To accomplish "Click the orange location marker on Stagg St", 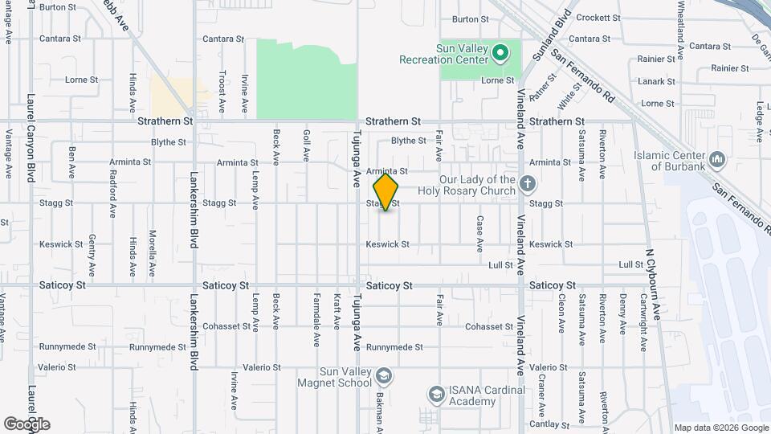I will (386, 191).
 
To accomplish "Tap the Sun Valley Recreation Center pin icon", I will (500, 54).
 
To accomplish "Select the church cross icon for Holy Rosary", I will (527, 185).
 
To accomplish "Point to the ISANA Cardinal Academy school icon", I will (436, 395).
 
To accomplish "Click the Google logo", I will (27, 424).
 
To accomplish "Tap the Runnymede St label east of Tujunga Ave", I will (394, 347).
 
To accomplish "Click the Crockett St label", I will (598, 17).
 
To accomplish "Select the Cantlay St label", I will (566, 424).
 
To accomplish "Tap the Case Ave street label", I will (479, 232).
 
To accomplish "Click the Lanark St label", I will (657, 81).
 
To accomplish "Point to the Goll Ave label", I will (306, 145).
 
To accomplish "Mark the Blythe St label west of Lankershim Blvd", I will (168, 142).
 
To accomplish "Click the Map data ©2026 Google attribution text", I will (721, 428).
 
